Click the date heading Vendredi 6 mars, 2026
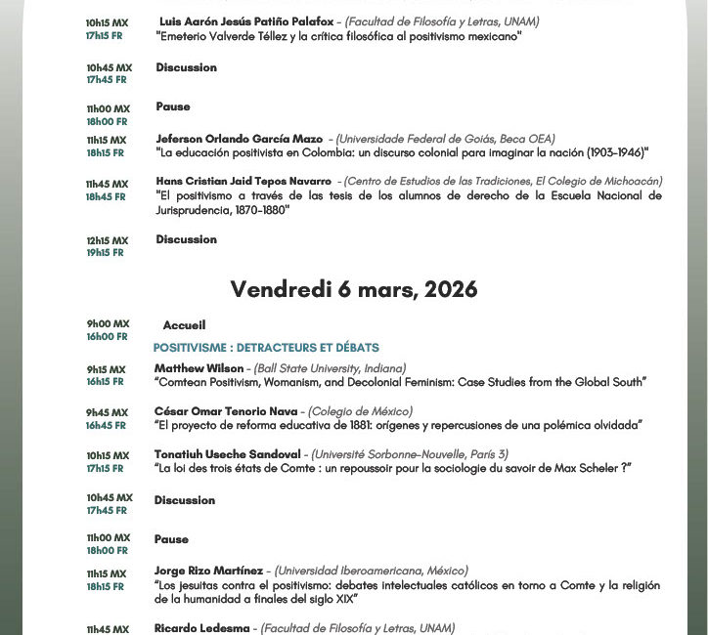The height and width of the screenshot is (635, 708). (354, 289)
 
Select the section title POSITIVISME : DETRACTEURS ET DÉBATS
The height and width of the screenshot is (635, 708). (266, 348)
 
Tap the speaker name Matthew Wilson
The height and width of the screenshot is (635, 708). (199, 368)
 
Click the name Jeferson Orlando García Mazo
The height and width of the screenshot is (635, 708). (240, 139)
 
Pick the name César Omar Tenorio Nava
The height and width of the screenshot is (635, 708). (212, 411)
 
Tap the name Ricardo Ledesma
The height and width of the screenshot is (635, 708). (202, 628)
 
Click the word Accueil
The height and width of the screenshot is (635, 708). (185, 325)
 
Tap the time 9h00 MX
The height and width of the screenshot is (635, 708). (108, 324)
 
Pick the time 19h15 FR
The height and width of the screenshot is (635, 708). (106, 253)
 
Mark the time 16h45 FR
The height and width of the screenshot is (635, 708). (106, 425)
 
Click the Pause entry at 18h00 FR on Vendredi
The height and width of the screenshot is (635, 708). (171, 539)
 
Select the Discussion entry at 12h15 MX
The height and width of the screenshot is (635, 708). (186, 239)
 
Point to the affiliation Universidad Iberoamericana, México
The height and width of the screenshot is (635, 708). (372, 571)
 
